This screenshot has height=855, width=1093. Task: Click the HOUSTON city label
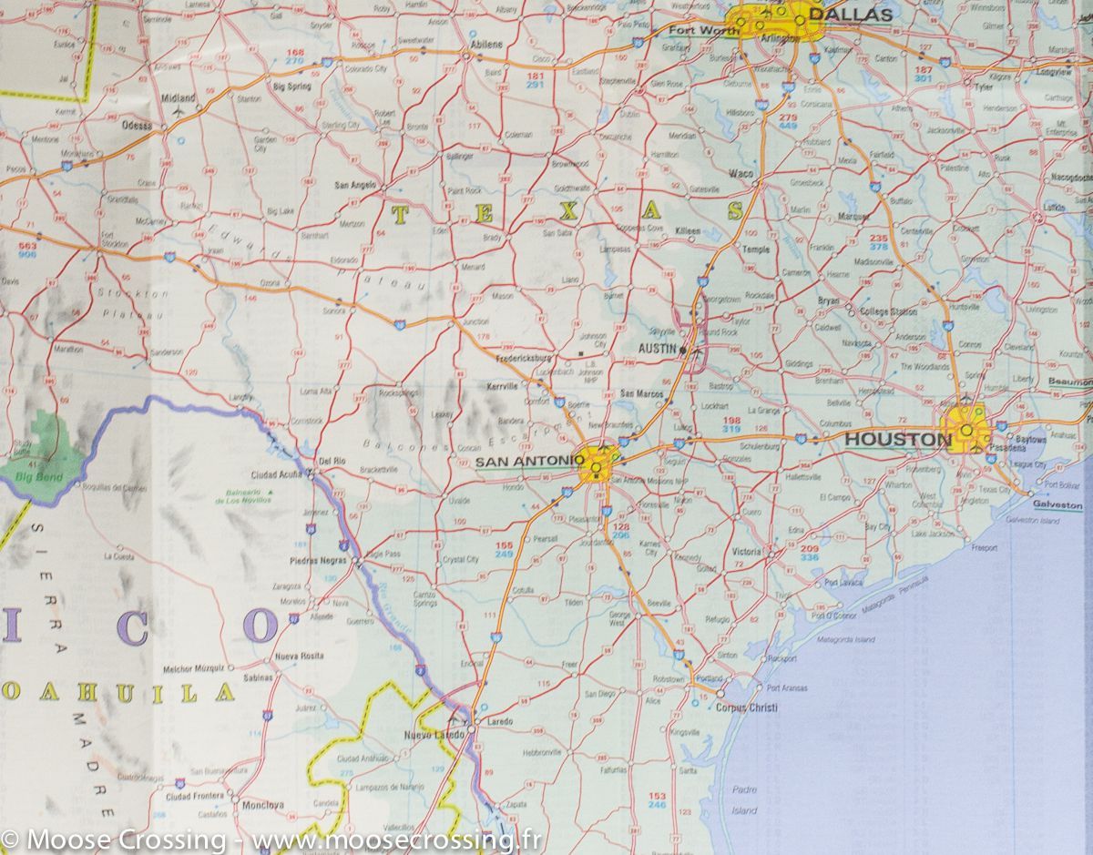tap(897, 440)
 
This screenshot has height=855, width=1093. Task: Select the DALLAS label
tap(850, 15)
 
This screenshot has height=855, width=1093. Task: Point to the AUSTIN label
tap(658, 349)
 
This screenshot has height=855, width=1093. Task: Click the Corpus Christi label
tap(746, 707)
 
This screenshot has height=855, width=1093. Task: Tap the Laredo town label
tap(500, 721)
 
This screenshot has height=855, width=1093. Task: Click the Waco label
tap(739, 173)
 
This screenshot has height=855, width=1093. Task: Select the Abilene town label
tap(485, 44)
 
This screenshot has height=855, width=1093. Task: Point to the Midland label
tap(178, 97)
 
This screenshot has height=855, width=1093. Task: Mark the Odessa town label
tap(138, 126)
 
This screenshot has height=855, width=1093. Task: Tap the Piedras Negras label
tap(317, 560)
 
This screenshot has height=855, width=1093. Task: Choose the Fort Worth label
tap(691, 30)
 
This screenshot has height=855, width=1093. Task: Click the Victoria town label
tap(746, 552)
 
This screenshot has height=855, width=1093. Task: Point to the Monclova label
tap(262, 805)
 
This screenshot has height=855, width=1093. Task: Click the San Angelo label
tap(354, 185)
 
